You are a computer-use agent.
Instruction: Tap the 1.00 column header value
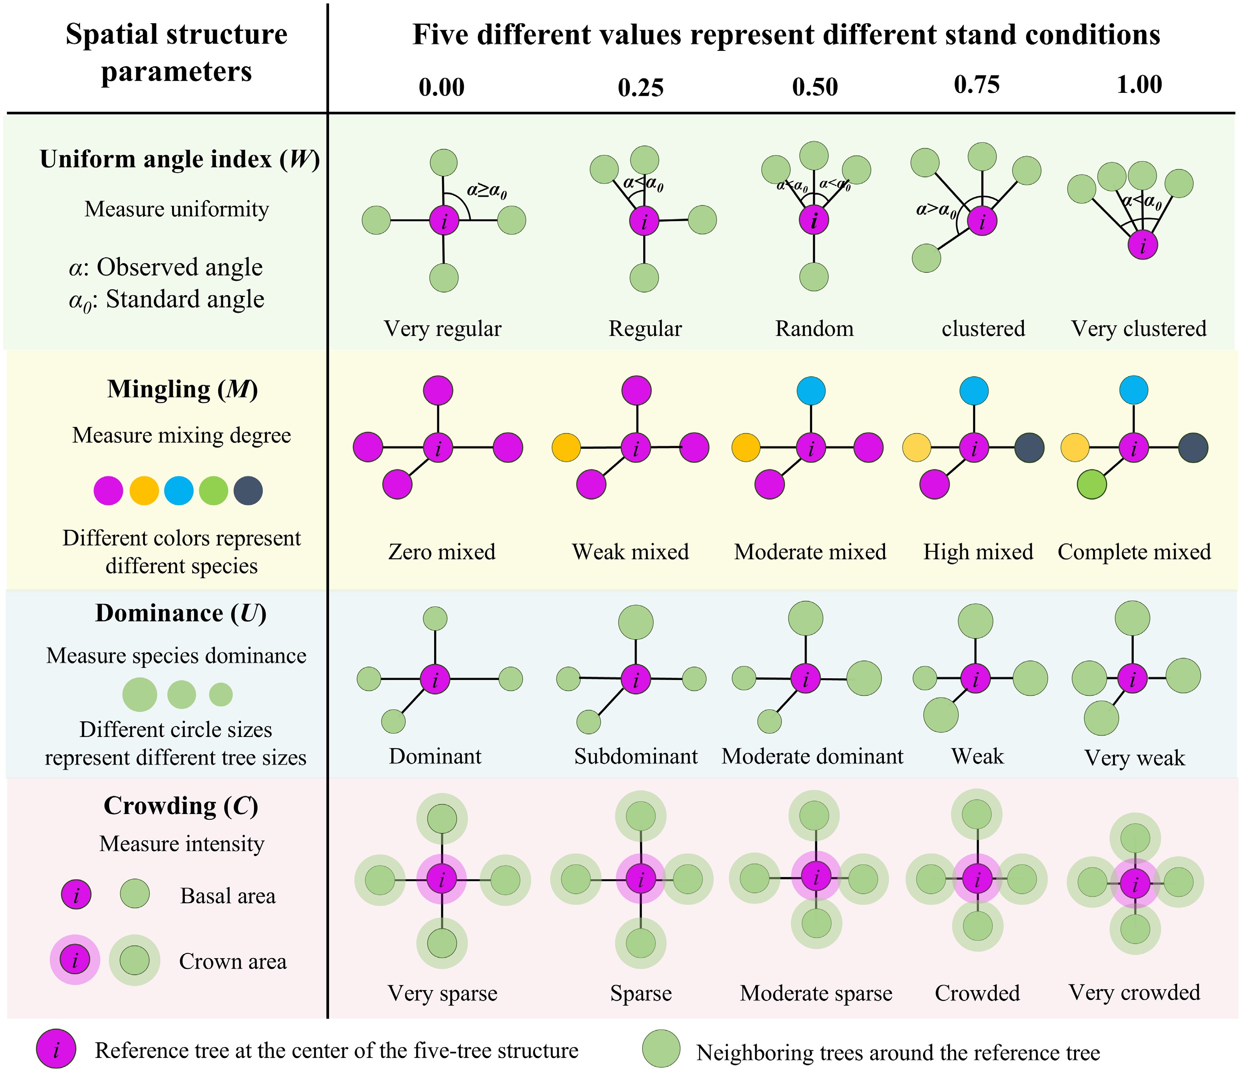1139,85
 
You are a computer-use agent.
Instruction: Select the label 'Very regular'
442,329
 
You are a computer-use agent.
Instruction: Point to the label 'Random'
814,329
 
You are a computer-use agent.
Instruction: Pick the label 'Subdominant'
635,756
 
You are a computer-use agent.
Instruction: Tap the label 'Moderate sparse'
816,993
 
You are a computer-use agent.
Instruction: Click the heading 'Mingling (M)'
182,389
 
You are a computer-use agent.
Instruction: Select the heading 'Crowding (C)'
181,806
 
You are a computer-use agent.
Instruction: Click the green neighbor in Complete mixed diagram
1092,485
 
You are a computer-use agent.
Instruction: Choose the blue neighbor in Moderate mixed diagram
811,391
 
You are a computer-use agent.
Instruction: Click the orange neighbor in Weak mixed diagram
566,448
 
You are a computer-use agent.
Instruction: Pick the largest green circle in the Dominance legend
140,695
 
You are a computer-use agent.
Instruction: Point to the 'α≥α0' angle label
487,191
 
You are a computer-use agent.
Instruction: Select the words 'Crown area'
233,962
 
